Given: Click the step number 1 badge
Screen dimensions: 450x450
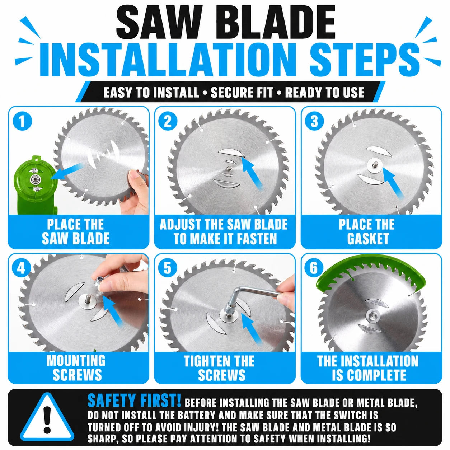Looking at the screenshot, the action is tap(22, 121).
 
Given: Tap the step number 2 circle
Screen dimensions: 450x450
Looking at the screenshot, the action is tap(168, 121).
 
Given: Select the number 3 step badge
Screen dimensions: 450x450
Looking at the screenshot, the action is tap(314, 121).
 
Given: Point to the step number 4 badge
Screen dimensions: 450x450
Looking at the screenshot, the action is tap(21, 268).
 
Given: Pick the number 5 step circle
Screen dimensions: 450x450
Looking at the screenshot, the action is tap(168, 268).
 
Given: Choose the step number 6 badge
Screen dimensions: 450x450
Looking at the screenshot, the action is tap(314, 268).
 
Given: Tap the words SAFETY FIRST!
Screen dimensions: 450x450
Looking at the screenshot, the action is tap(134, 400).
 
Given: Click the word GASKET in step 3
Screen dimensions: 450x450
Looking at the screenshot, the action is tap(368, 238).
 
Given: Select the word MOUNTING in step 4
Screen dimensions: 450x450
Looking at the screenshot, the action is tap(76, 360).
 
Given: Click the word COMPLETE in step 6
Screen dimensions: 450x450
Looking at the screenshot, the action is tap(380, 375).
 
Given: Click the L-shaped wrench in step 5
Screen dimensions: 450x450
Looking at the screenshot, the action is tap(252, 296).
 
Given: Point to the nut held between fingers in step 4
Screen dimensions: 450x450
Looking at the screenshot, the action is tap(99, 281).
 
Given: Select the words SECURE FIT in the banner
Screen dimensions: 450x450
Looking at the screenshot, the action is tap(242, 93).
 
